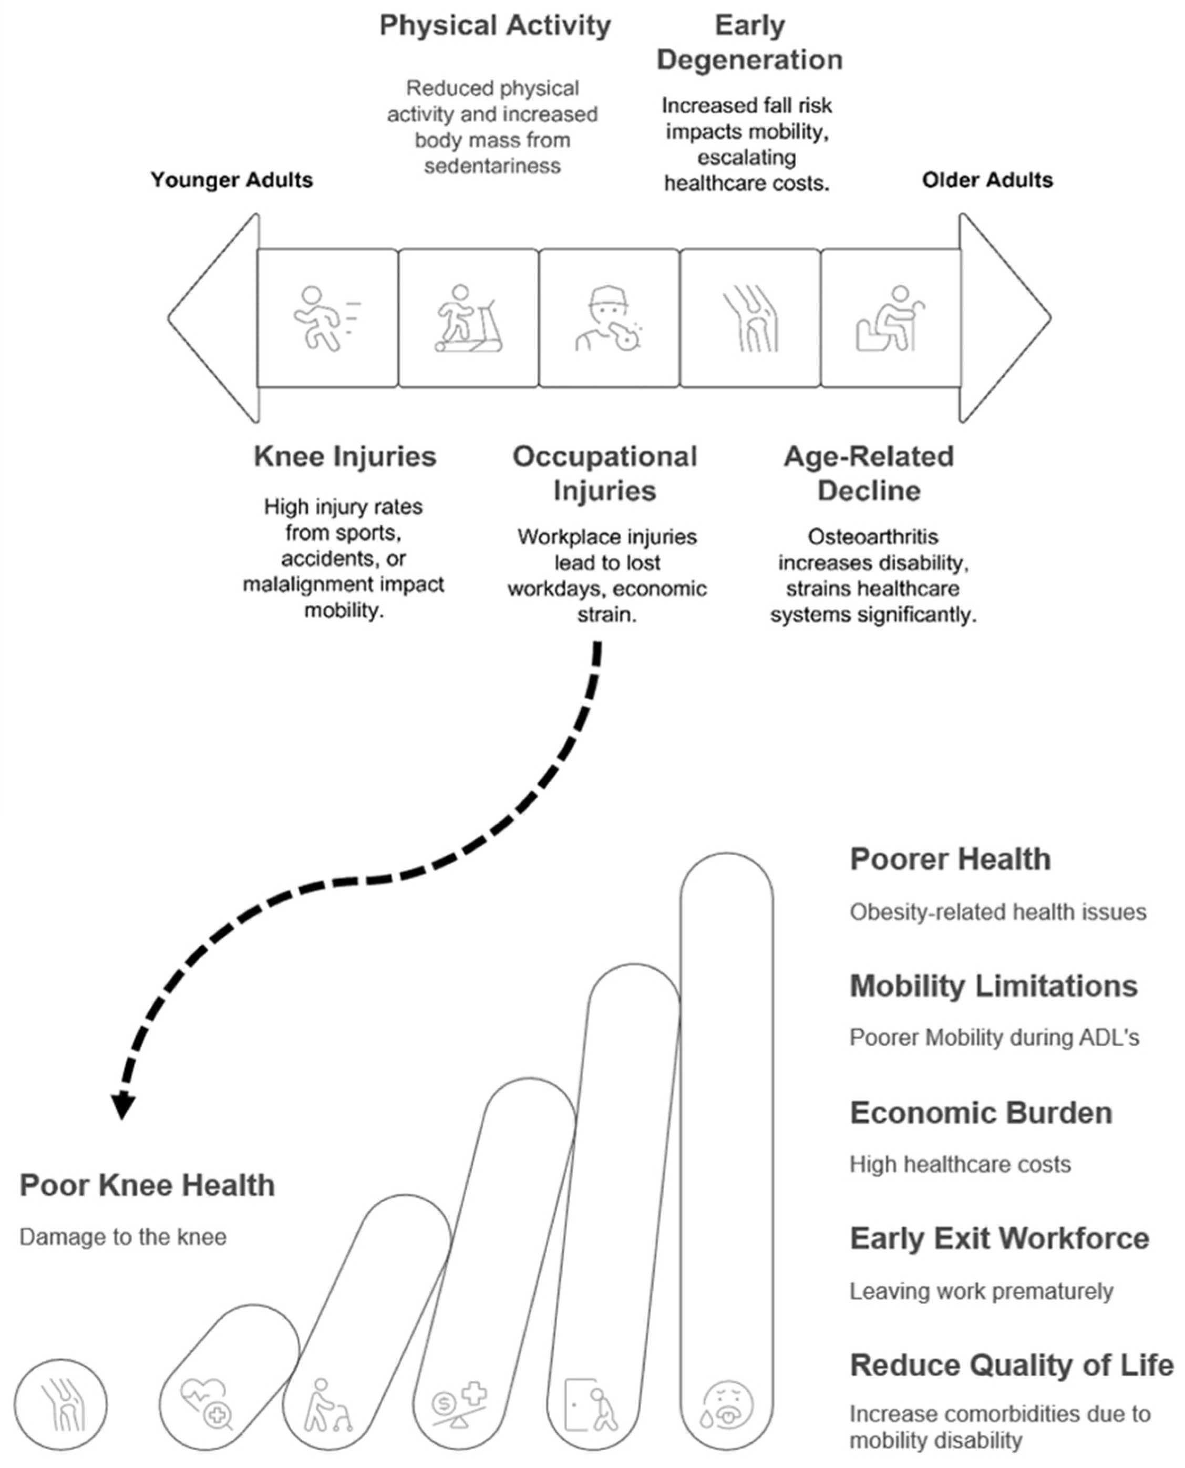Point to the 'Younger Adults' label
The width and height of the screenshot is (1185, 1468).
231,180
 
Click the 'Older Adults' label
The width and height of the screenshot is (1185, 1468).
987,180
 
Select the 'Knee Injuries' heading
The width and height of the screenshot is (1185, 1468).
345,457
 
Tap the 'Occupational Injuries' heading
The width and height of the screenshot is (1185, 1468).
605,473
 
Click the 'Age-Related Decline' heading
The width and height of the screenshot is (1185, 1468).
869,473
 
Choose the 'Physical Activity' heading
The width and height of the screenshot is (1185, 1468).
495,26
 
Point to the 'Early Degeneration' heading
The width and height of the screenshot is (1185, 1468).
749,43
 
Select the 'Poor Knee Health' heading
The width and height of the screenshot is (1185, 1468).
148,1186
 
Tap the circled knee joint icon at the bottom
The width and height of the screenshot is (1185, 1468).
61,1405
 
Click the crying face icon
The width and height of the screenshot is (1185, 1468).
727,1405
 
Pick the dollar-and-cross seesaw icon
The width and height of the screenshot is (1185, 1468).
459,1405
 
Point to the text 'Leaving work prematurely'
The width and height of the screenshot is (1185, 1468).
981,1292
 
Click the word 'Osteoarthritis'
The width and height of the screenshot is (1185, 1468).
872,537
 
